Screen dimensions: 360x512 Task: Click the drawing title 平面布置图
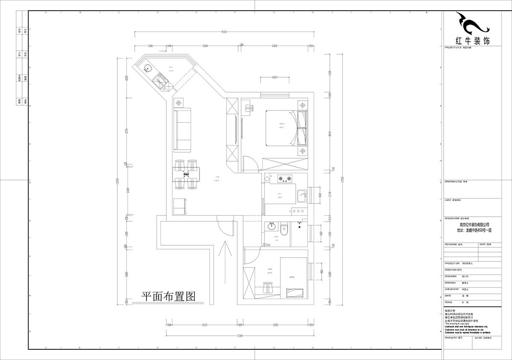coord(168,296)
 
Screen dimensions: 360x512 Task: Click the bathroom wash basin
coord(271,226)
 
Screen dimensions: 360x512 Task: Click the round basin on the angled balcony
coord(147,67)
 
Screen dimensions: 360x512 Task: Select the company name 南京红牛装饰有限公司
coord(474,224)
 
